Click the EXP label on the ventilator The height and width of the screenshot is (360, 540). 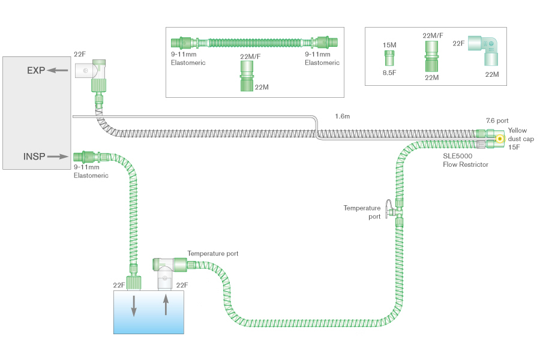tap(35, 70)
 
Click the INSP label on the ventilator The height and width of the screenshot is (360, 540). tap(34, 157)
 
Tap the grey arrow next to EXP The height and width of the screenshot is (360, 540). tap(58, 70)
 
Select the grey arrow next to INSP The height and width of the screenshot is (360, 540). tap(59, 157)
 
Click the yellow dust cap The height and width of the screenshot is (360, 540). tap(499, 139)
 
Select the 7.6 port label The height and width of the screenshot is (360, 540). tap(497, 121)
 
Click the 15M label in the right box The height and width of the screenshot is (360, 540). tap(389, 45)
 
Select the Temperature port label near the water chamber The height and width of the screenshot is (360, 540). tap(212, 254)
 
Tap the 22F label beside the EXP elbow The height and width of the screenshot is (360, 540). tap(80, 53)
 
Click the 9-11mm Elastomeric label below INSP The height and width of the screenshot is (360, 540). tap(91, 172)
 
